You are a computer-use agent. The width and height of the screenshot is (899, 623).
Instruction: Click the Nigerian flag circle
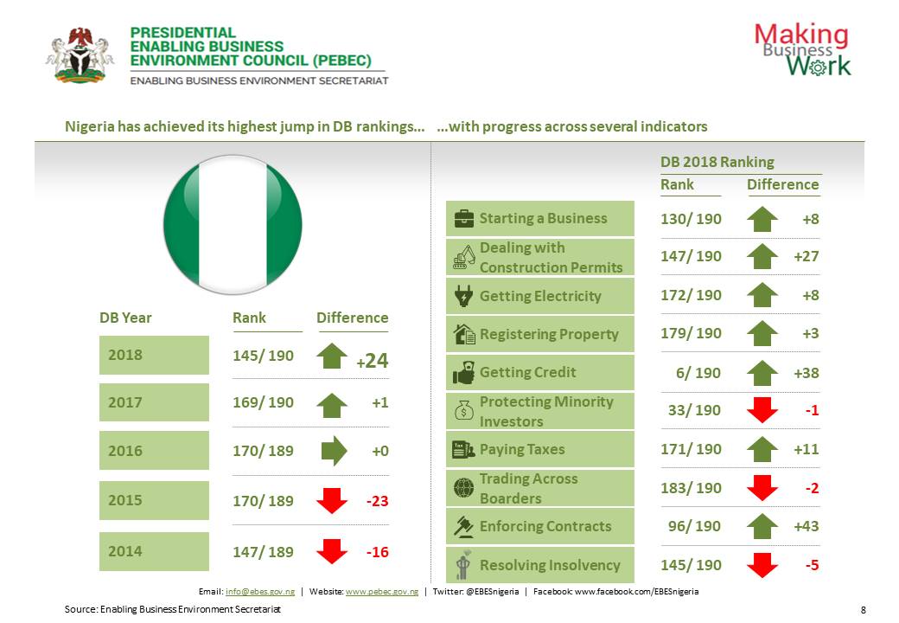click(233, 224)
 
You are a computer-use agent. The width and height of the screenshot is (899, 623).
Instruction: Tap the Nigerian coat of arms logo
click(80, 54)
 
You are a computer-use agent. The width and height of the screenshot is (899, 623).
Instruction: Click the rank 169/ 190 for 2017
click(263, 402)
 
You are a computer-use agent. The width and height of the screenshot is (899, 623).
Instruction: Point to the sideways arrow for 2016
click(333, 451)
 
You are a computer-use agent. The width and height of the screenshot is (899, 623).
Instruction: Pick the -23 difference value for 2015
click(377, 500)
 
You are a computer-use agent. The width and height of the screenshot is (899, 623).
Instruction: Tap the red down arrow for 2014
click(332, 551)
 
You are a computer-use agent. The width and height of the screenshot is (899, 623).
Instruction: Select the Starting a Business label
click(543, 218)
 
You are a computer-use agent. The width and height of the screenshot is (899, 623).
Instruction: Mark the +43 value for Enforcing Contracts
click(806, 526)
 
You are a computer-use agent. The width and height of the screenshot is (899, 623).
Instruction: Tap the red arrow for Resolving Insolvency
click(762, 566)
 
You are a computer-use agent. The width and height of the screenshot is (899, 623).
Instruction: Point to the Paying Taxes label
click(521, 449)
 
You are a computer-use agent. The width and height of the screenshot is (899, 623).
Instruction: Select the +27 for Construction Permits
click(806, 257)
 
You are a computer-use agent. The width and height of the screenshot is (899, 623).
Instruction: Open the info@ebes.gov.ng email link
click(258, 592)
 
